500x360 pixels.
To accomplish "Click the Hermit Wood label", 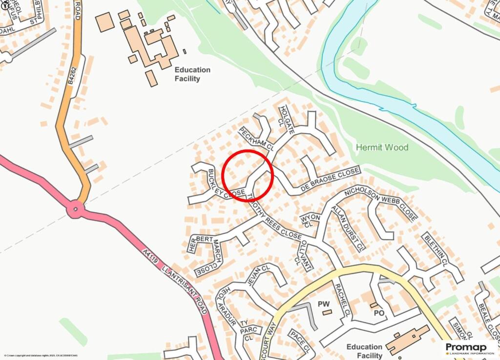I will tap(382, 147).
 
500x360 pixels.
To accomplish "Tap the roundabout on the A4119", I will tap(76, 210).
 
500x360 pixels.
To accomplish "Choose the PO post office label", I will tap(379, 313).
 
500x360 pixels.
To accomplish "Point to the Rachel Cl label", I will tap(342, 300).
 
